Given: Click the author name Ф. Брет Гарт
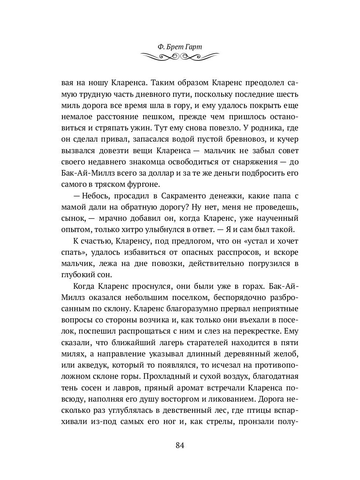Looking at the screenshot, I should point(180,47).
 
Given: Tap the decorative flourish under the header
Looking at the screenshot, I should point(180,57).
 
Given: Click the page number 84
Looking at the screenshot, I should point(180,446).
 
